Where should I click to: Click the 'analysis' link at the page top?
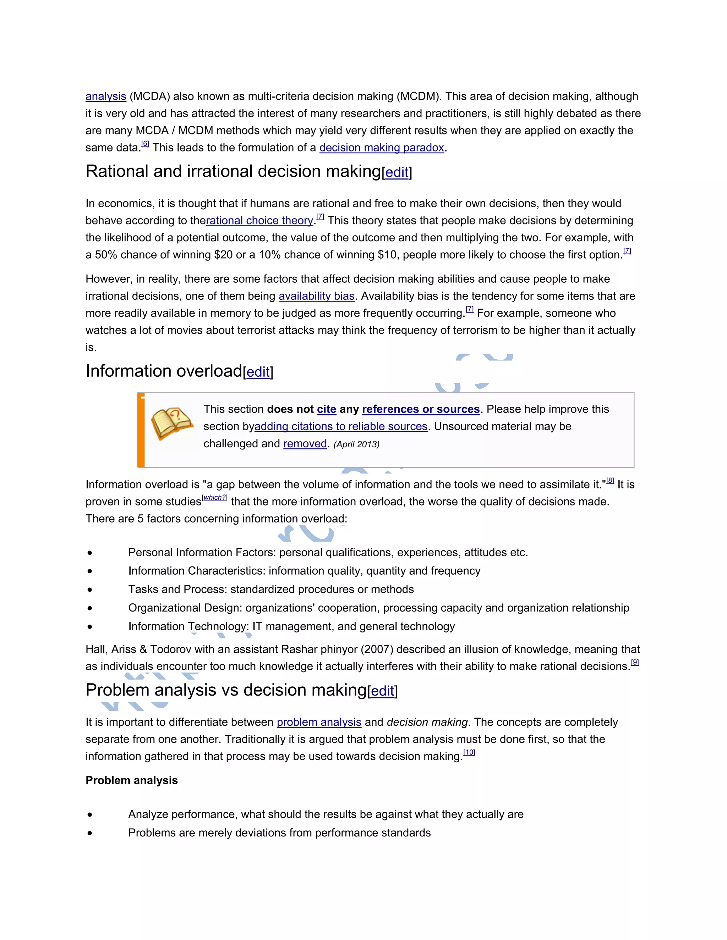tap(105, 96)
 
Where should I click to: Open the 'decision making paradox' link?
tap(381, 148)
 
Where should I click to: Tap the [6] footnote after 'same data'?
tap(145, 144)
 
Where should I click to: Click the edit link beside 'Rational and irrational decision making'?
tap(397, 172)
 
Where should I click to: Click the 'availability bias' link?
tap(317, 296)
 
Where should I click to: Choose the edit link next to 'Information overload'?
tap(258, 372)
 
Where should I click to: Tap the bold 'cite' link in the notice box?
tap(327, 409)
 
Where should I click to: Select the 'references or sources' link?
tap(421, 409)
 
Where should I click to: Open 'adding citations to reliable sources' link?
tap(341, 426)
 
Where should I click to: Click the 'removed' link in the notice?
tap(305, 443)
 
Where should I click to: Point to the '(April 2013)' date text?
tap(357, 444)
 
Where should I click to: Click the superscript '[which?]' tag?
tap(214, 498)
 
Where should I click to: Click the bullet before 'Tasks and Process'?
tap(89, 590)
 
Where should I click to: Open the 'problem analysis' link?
tap(319, 722)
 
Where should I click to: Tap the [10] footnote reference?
tap(469, 752)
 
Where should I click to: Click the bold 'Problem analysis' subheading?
tap(132, 780)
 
